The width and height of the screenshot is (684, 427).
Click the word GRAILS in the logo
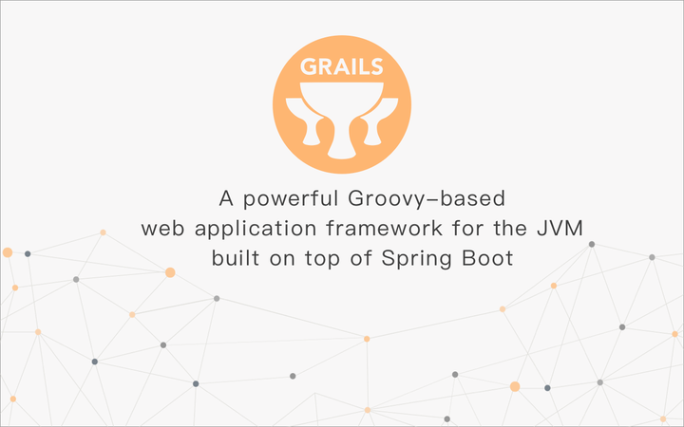tap(342, 68)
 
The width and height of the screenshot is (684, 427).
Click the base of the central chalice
tap(342, 150)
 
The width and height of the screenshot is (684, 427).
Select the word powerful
tap(290, 200)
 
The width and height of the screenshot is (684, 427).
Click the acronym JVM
tap(523, 229)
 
